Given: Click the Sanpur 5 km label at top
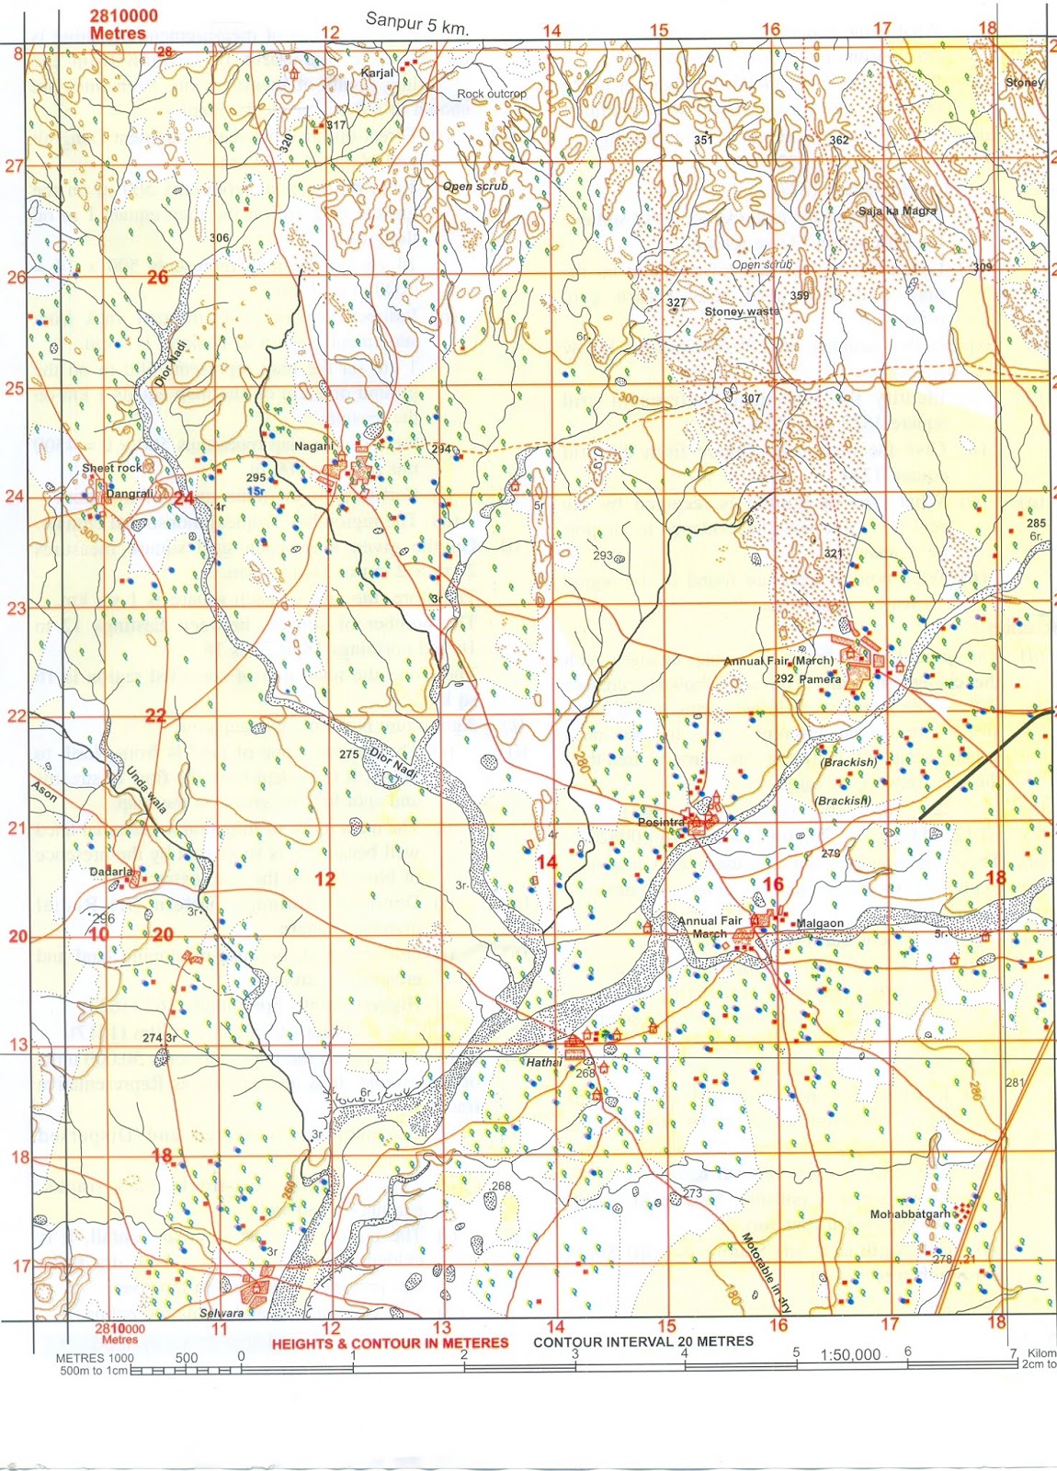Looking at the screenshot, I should [416, 23].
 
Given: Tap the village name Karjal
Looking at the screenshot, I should [377, 72].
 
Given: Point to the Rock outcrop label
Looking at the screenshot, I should [492, 94].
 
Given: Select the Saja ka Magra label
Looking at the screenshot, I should [897, 211].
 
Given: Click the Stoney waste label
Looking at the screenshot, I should [742, 312].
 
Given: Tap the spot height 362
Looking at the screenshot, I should [838, 140].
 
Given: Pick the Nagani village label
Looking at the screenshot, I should [313, 446].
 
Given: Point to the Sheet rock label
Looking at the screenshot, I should [112, 468].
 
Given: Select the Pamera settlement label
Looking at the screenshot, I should [820, 679].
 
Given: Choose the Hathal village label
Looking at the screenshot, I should [542, 1062].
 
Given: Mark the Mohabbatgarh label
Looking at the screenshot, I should [910, 1214].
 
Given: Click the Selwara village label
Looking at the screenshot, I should [222, 1313].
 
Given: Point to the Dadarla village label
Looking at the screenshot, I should [111, 871].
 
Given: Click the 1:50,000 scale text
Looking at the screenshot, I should [850, 1354].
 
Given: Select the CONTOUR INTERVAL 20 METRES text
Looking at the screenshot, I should [642, 1341].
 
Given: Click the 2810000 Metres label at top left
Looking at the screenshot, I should [123, 24].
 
